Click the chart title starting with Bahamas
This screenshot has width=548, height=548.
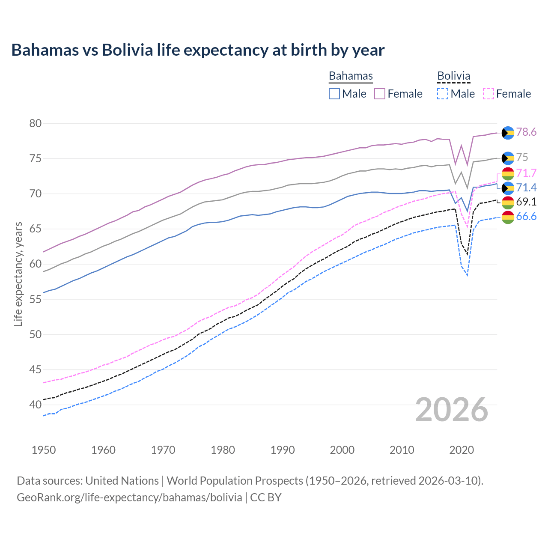point(198,50)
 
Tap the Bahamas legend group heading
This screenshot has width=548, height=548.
point(351,76)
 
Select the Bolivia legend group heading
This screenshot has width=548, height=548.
point(453,76)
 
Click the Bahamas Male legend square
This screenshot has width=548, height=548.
point(334,94)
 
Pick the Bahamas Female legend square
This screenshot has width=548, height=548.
point(380,94)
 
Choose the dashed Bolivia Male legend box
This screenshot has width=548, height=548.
point(443,94)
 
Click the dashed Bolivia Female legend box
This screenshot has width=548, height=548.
point(488,94)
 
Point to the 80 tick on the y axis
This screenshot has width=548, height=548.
point(36,123)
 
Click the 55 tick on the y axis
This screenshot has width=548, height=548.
point(36,299)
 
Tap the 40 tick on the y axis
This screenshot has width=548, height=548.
point(36,405)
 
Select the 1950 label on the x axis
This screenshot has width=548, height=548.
point(44,450)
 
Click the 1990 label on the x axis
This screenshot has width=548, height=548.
point(283,450)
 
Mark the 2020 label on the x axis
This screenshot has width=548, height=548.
point(462,450)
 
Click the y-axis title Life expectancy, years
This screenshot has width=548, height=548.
point(18,274)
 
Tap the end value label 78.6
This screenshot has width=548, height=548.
point(526,132)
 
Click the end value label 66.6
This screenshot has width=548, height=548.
point(526,217)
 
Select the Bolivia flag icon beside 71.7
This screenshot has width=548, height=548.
point(508,173)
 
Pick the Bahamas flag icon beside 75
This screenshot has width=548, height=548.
point(508,158)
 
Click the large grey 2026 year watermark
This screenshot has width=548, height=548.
point(452,410)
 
